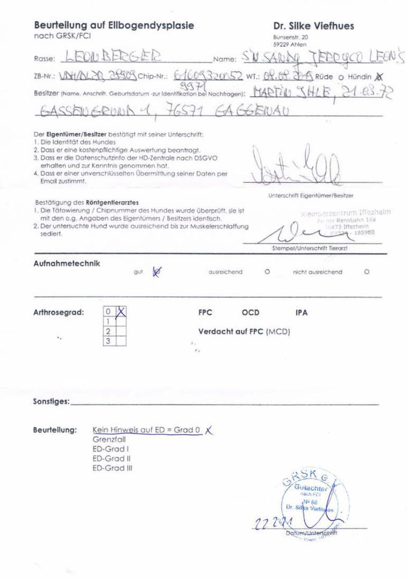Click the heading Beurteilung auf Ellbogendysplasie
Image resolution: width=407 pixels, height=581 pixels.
click(x=114, y=25)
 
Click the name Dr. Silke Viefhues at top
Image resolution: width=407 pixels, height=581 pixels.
click(x=313, y=26)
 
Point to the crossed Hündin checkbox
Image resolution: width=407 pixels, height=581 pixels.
click(x=381, y=76)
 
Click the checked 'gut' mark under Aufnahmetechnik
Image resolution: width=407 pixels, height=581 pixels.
click(x=157, y=272)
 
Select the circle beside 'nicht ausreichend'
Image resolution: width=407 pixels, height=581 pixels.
click(x=367, y=272)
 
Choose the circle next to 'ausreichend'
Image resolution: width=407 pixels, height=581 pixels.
click(x=267, y=272)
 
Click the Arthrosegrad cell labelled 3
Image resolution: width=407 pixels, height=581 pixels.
click(x=108, y=341)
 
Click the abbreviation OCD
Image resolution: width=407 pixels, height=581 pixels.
click(x=251, y=313)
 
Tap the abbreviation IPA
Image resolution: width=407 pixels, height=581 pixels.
click(x=302, y=313)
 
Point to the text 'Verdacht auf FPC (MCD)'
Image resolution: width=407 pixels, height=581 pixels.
click(x=244, y=331)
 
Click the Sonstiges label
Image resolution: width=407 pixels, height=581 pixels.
click(x=52, y=402)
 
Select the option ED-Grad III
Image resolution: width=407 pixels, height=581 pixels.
click(x=112, y=468)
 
